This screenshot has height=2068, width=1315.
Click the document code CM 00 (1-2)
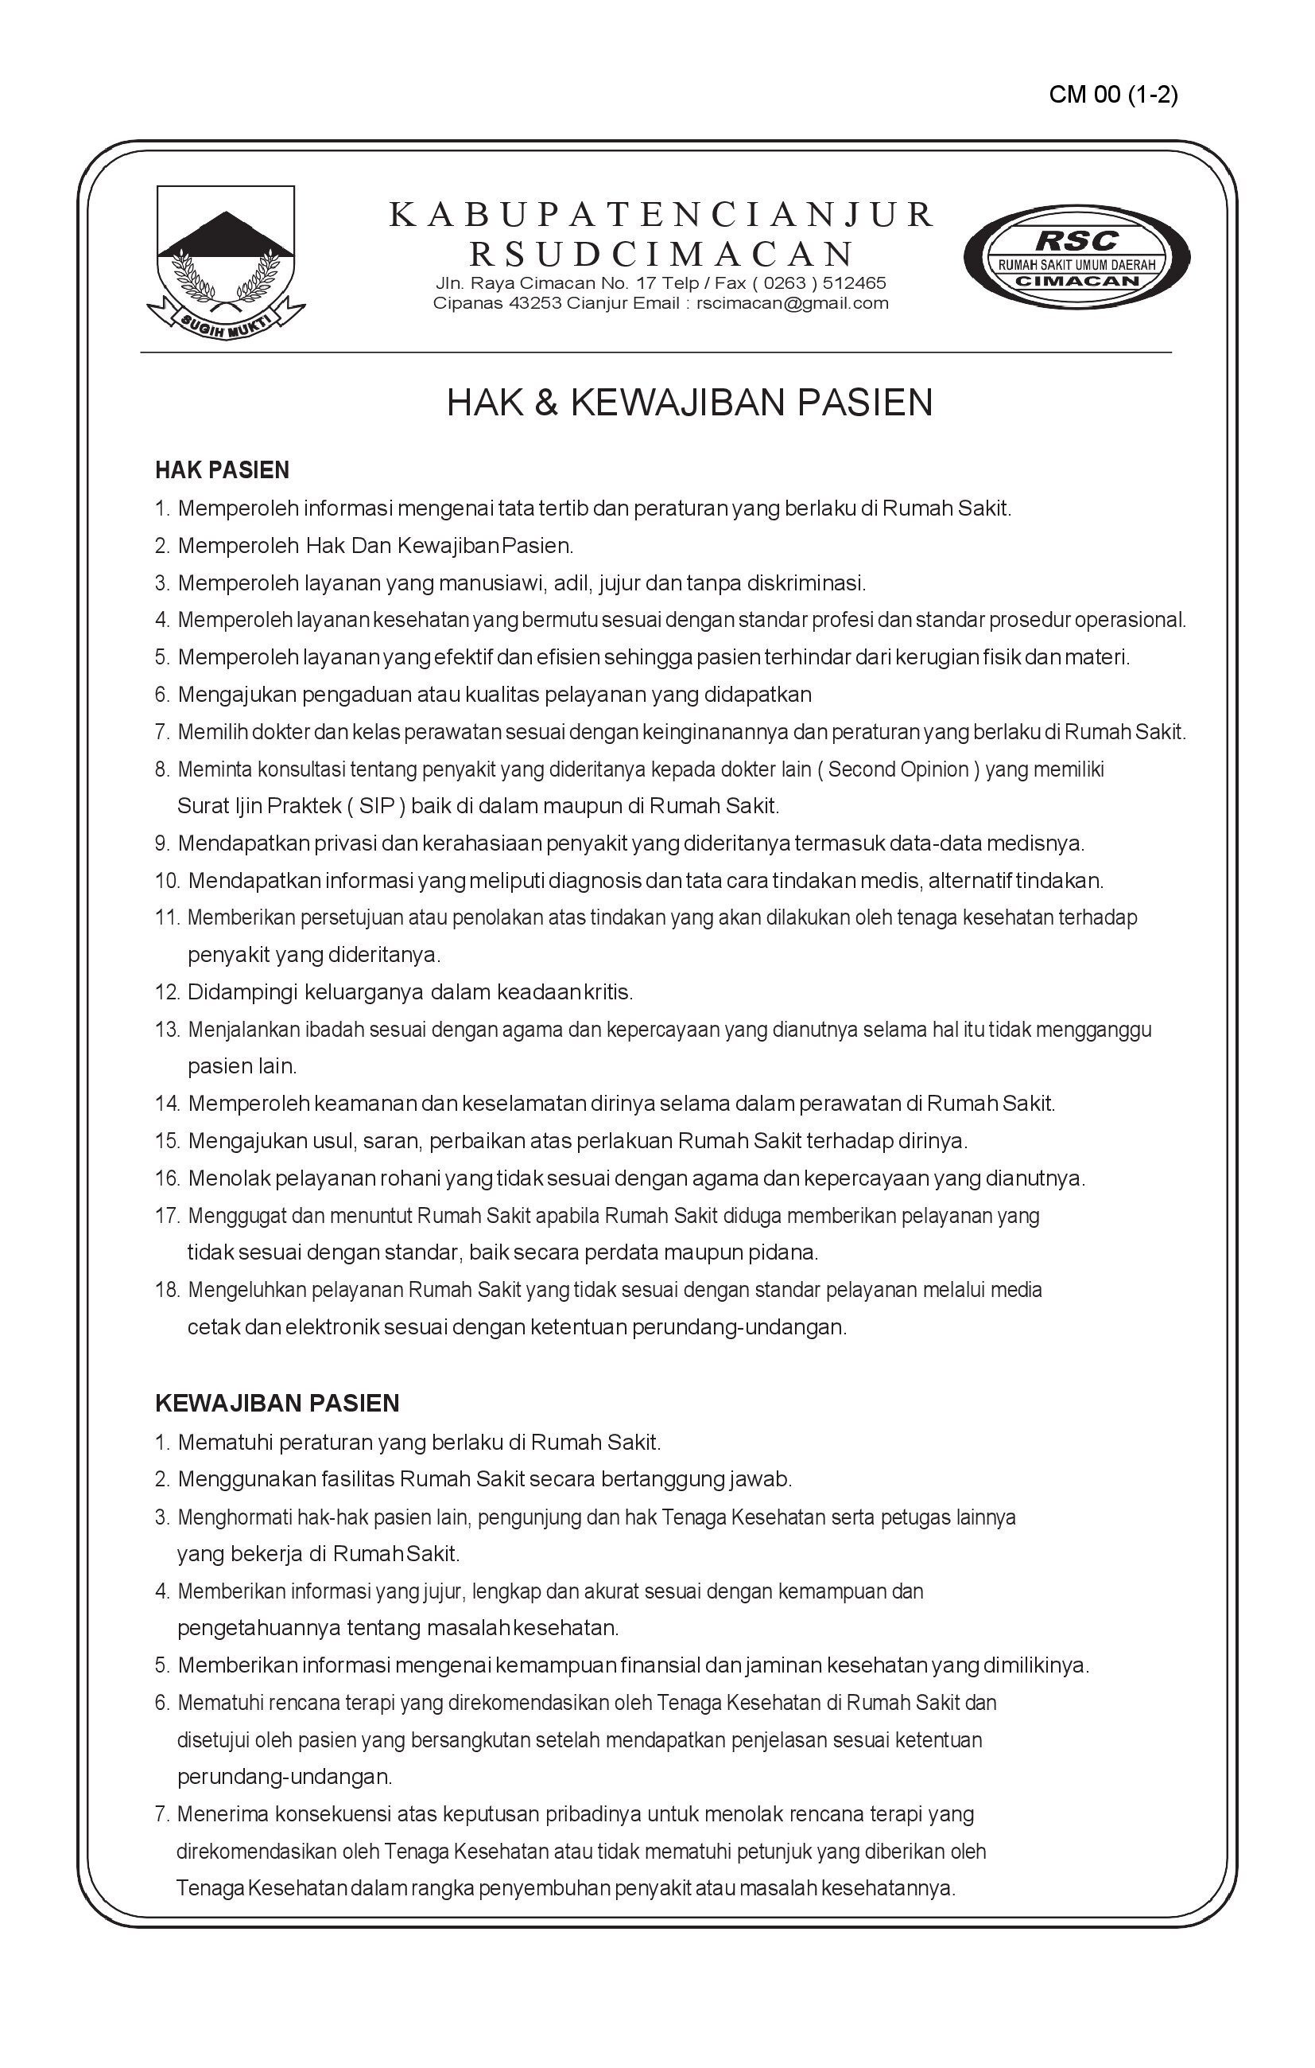tap(1112, 95)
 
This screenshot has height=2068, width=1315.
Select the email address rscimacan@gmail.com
tap(793, 303)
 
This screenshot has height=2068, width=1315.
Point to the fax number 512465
tap(854, 283)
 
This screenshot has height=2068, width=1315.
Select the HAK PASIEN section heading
tap(222, 470)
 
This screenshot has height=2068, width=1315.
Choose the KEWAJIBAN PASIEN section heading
tap(277, 1404)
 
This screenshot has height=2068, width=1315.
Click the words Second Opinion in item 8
tap(898, 769)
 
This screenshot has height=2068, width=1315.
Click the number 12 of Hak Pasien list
tap(166, 993)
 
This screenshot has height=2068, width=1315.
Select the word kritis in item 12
tap(607, 993)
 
